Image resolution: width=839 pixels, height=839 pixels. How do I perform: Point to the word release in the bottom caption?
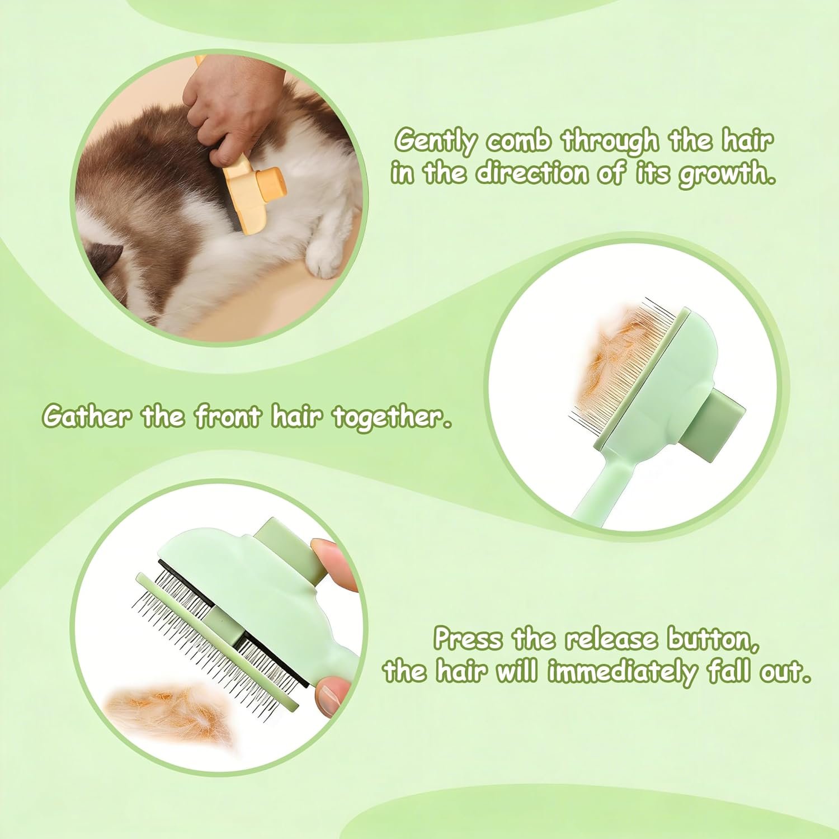pyautogui.click(x=614, y=639)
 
